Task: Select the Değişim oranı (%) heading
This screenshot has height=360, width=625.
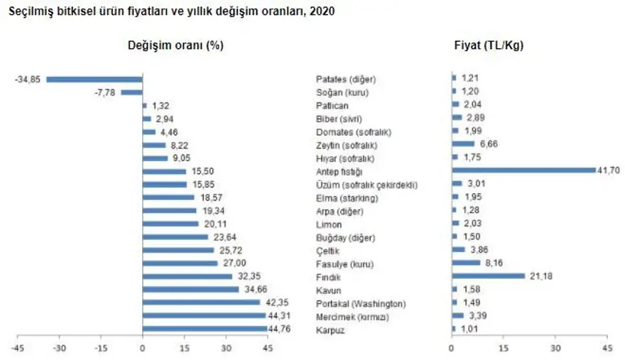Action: coord(175,45)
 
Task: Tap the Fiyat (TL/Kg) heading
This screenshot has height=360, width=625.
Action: coord(489,45)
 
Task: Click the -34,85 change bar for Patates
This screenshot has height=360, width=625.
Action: coord(94,79)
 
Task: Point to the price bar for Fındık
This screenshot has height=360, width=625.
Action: coord(488,276)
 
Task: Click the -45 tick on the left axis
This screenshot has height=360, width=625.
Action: coord(19,348)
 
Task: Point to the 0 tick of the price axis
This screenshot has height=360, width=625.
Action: coord(452,348)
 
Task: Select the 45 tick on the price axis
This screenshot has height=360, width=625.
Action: coord(607,348)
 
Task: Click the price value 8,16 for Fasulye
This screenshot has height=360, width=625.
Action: coord(492,263)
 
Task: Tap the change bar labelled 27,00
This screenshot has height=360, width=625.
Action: coord(180,263)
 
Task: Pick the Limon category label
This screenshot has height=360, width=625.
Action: coord(327,224)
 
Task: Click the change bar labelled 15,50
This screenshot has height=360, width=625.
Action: coord(164,171)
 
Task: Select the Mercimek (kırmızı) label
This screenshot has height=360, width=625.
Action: coord(352,317)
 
